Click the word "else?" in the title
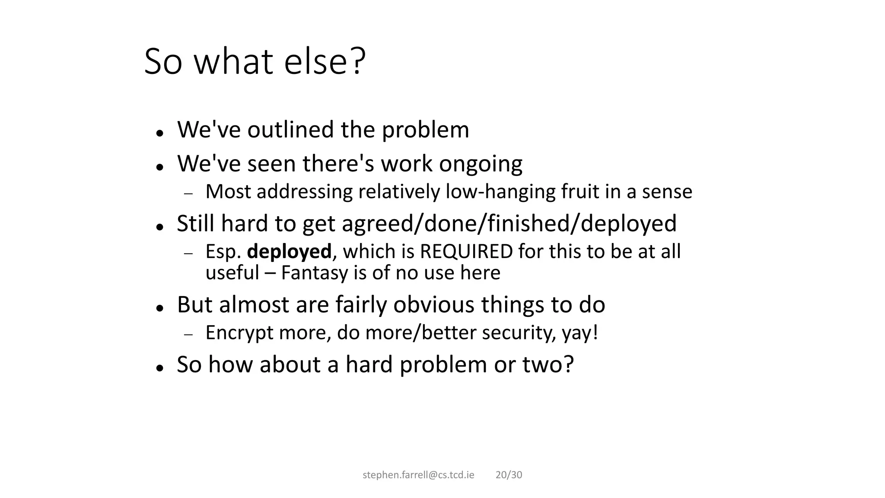[x=325, y=61]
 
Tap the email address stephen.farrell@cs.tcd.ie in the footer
[x=418, y=475]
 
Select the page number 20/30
[x=509, y=475]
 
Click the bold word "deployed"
[x=289, y=252]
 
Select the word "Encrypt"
[x=239, y=333]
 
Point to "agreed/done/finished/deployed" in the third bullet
[x=509, y=224]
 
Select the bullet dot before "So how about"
[x=160, y=368]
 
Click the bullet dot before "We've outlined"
[x=160, y=133]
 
